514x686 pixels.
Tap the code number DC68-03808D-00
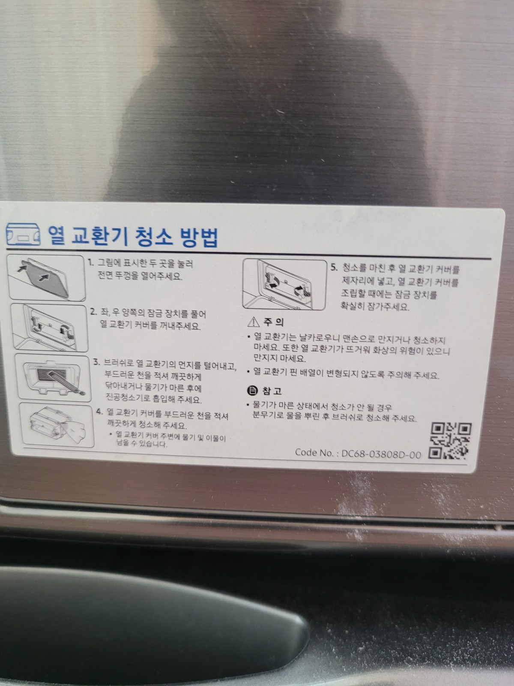point(381,454)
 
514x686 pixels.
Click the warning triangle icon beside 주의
point(253,322)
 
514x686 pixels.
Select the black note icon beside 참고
point(252,390)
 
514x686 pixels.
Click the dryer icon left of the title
point(24,235)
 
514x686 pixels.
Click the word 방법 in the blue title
point(199,237)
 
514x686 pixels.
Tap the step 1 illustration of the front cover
point(47,277)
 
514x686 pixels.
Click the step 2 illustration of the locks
point(49,328)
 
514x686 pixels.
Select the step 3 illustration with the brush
point(53,378)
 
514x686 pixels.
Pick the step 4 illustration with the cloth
point(57,425)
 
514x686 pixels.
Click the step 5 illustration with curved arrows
point(285,284)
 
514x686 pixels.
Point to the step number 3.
point(97,363)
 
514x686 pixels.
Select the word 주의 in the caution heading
point(273,322)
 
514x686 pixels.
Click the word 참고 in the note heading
point(272,391)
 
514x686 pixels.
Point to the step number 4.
point(99,412)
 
